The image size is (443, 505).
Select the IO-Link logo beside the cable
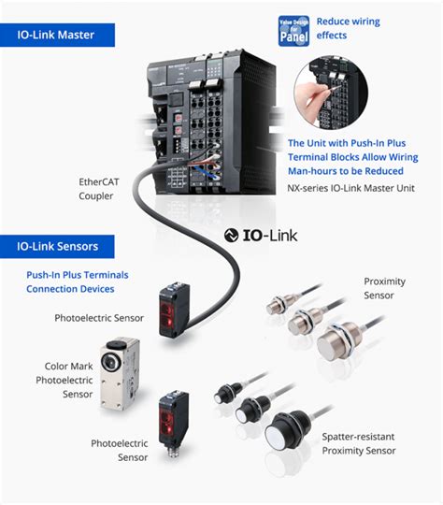point(261,234)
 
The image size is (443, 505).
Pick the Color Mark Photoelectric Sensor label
point(66,381)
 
